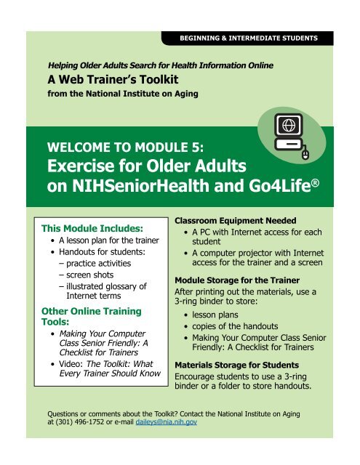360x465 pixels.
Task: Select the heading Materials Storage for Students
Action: click(238, 366)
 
